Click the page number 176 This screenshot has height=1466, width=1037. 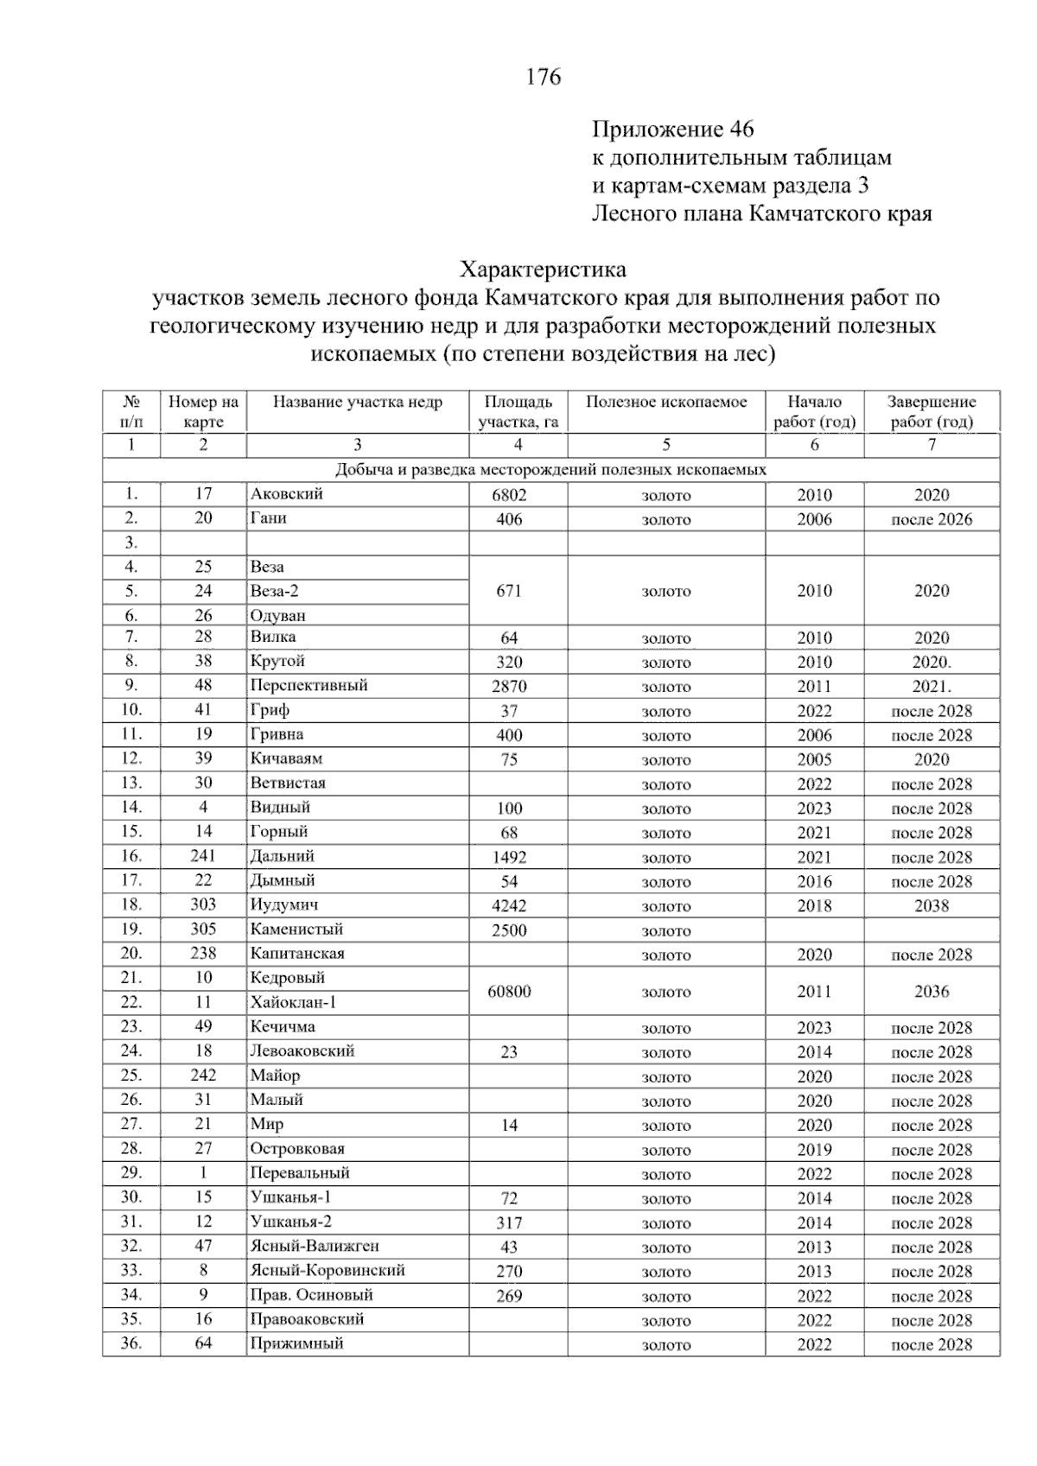[x=544, y=77]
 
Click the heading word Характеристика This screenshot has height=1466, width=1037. [x=544, y=270]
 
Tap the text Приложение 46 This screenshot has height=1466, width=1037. [x=672, y=130]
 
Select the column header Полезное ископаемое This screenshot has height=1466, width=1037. [x=665, y=402]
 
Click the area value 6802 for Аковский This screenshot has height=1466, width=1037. [x=509, y=495]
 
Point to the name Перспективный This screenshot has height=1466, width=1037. [x=309, y=685]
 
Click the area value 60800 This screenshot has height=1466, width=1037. [x=509, y=991]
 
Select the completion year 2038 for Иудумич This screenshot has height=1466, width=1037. [x=931, y=906]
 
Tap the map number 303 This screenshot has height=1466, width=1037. [x=203, y=904]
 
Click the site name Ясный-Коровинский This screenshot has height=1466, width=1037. [x=327, y=1270]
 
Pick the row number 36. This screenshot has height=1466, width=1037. [x=130, y=1343]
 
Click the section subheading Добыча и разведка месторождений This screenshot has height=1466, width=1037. [x=550, y=470]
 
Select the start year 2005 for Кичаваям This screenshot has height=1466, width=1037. [x=814, y=760]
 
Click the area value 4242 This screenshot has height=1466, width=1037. [x=509, y=906]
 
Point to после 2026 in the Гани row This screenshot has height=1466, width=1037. [x=931, y=519]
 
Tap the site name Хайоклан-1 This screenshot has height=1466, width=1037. [x=293, y=1002]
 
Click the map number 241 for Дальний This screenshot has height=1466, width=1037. [x=203, y=856]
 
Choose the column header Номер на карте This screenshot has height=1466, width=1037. [x=203, y=411]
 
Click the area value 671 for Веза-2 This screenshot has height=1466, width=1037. [x=509, y=591]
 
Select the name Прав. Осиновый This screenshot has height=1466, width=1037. [x=300, y=1294]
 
